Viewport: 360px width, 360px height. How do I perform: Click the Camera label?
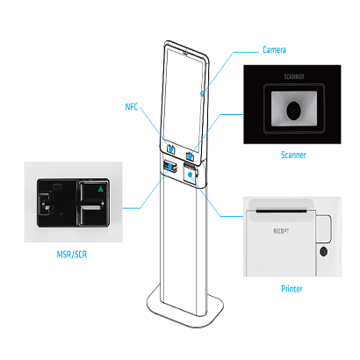[x=274, y=50]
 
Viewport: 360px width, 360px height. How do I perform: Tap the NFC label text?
[x=132, y=107]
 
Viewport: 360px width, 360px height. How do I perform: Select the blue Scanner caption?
[x=293, y=155]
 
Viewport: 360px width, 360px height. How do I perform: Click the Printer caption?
[x=292, y=289]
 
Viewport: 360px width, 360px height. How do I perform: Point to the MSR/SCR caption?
[x=72, y=255]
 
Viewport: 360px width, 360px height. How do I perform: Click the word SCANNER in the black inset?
[x=294, y=76]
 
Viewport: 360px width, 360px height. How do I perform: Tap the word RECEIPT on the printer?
[x=281, y=231]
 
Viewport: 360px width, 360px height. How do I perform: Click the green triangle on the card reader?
[x=101, y=189]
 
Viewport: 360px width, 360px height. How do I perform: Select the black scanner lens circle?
[x=293, y=111]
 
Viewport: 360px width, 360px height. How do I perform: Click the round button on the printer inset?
[x=323, y=252]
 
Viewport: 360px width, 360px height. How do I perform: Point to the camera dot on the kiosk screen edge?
[x=202, y=94]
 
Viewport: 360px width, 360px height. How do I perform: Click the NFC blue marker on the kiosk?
[x=170, y=148]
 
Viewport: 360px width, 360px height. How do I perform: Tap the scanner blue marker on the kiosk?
[x=190, y=156]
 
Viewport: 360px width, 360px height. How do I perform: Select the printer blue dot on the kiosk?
[x=191, y=175]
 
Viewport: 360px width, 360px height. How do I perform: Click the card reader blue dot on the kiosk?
[x=169, y=167]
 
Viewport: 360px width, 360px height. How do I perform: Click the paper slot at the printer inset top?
[x=281, y=210]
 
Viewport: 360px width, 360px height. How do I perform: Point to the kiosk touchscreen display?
[x=184, y=100]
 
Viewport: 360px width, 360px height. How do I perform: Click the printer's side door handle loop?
[x=330, y=228]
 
